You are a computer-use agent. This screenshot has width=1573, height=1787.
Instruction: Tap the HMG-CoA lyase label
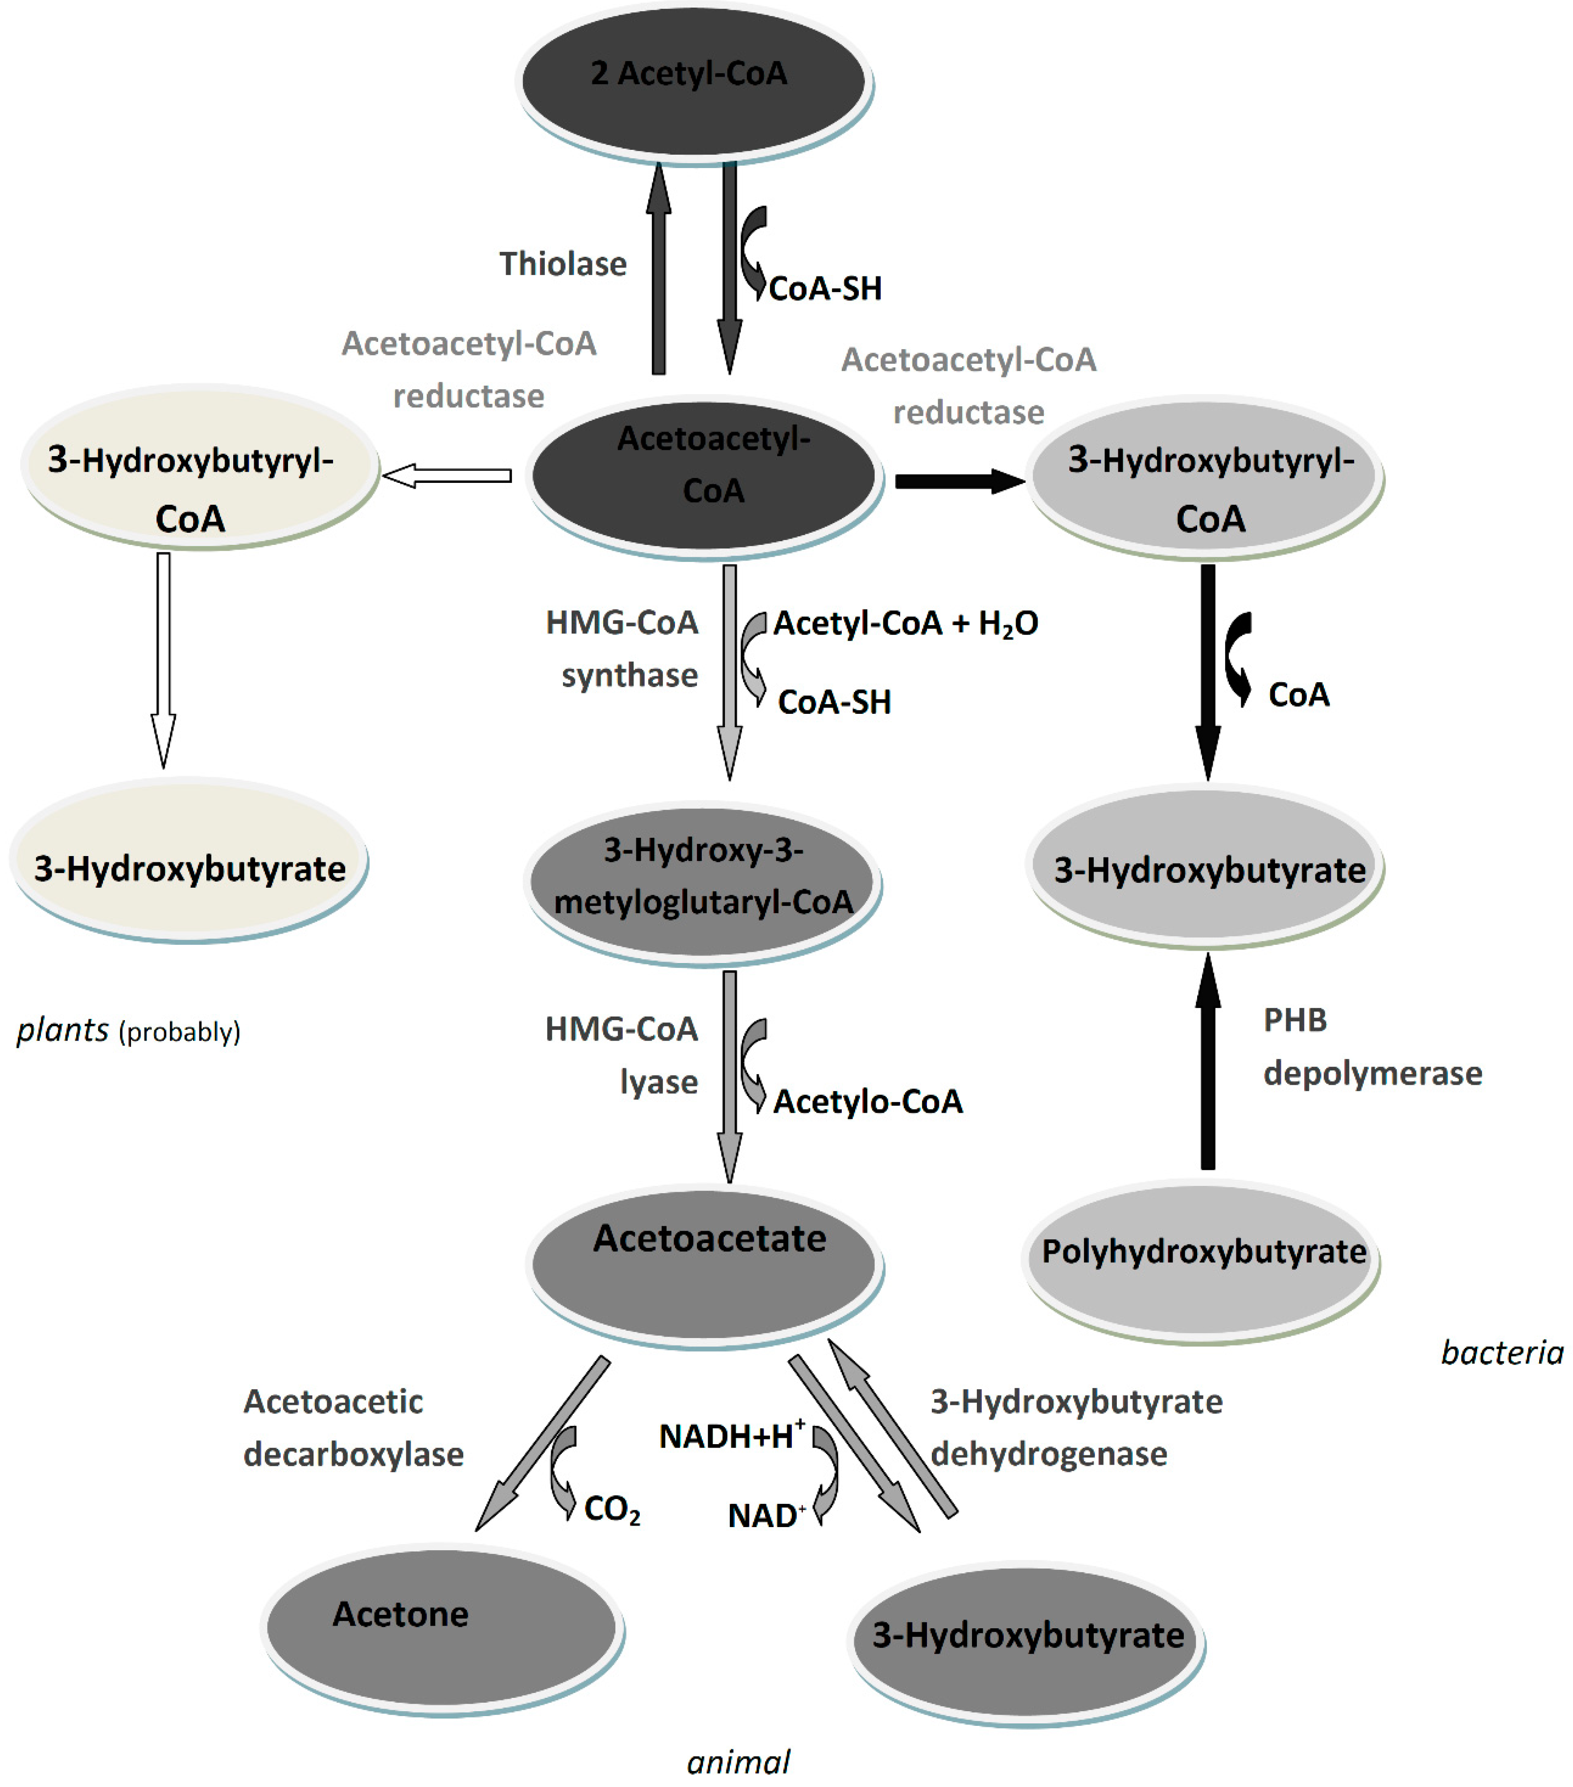point(622,1055)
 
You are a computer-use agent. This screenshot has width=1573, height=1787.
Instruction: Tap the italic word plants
point(63,1030)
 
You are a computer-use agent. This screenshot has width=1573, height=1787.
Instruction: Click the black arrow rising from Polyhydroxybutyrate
point(1207,1062)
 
